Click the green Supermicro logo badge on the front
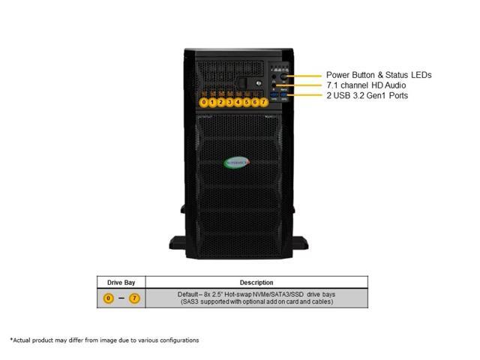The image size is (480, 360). pos(239,160)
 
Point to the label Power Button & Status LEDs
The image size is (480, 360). pos(378,75)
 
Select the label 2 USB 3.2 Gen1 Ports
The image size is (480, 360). pos(367,96)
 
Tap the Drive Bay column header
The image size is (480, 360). pos(121,283)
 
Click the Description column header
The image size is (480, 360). pos(256,283)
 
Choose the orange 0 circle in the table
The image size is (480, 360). pos(109,298)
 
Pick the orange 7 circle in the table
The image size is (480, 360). pos(134,298)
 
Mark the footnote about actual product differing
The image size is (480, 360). pos(105,340)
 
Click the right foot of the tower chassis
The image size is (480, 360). pos(293,244)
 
